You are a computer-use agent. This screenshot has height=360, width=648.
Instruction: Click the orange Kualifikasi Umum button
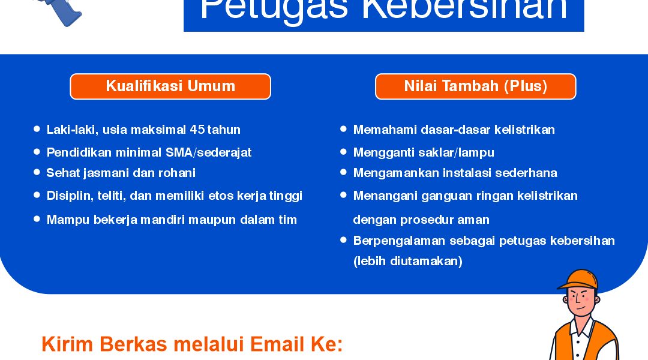170,86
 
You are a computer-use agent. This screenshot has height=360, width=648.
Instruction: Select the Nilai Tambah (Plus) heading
476,86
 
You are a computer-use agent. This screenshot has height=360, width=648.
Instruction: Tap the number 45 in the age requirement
197,130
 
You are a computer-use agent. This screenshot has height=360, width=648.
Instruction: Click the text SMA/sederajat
209,152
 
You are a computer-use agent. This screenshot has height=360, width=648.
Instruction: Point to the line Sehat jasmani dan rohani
121,173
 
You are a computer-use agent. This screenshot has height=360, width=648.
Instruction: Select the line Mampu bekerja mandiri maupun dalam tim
172,220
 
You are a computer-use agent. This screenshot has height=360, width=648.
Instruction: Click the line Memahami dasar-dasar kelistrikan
454,130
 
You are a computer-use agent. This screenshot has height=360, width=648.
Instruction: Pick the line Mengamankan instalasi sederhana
455,173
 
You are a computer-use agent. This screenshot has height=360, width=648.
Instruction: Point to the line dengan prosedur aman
421,220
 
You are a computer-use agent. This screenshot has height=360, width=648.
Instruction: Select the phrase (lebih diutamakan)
407,261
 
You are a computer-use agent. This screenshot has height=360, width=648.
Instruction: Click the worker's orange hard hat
578,279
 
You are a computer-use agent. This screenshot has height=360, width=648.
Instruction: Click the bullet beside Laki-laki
37,129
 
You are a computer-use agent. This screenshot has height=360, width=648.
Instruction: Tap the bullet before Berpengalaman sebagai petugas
343,240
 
